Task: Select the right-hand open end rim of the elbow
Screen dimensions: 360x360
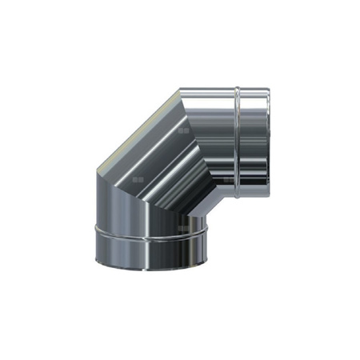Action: coord(274,144)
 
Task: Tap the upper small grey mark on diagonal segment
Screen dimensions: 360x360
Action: coord(185,129)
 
